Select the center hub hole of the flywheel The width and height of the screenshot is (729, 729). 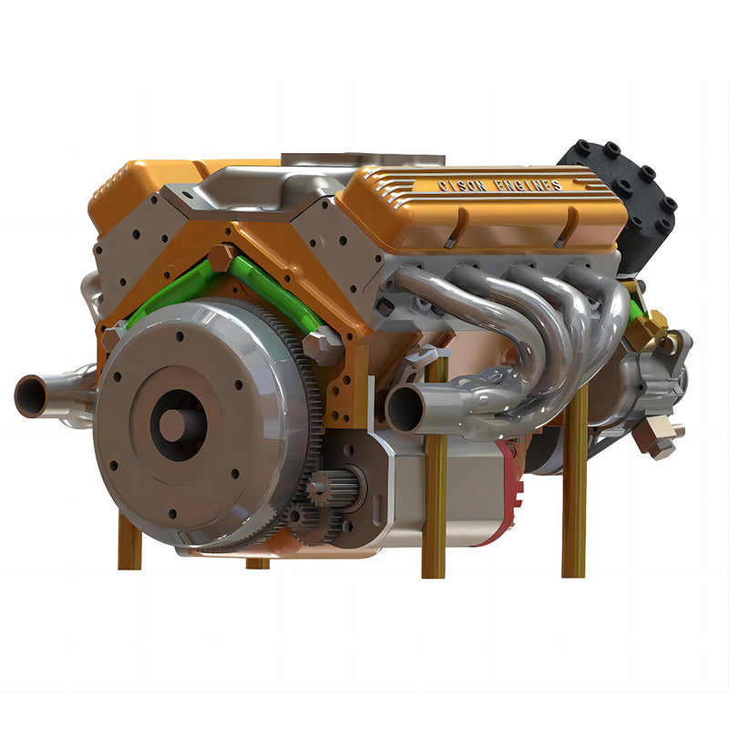[173, 425]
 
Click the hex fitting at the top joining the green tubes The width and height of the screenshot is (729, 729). [221, 258]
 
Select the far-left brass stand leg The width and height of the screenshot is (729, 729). [128, 541]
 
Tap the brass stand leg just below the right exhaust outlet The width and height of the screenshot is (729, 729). [435, 510]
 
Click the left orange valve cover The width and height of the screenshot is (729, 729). [146, 187]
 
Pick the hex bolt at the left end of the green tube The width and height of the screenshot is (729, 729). [115, 337]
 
